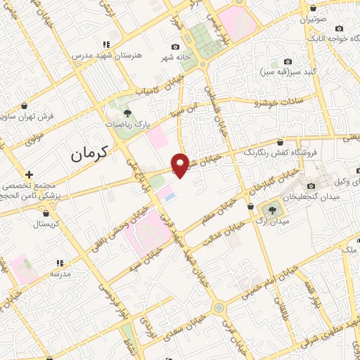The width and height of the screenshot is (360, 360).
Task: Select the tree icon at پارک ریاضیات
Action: coord(127,112)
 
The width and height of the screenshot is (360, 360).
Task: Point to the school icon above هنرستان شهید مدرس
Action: coord(105,44)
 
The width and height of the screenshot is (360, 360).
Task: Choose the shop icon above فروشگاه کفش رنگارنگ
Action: coord(281,141)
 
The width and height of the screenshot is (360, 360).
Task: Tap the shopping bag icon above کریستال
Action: coord(47,213)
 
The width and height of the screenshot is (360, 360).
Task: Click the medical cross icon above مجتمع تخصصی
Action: coord(28,174)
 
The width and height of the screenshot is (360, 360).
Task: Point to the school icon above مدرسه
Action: coord(60,262)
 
